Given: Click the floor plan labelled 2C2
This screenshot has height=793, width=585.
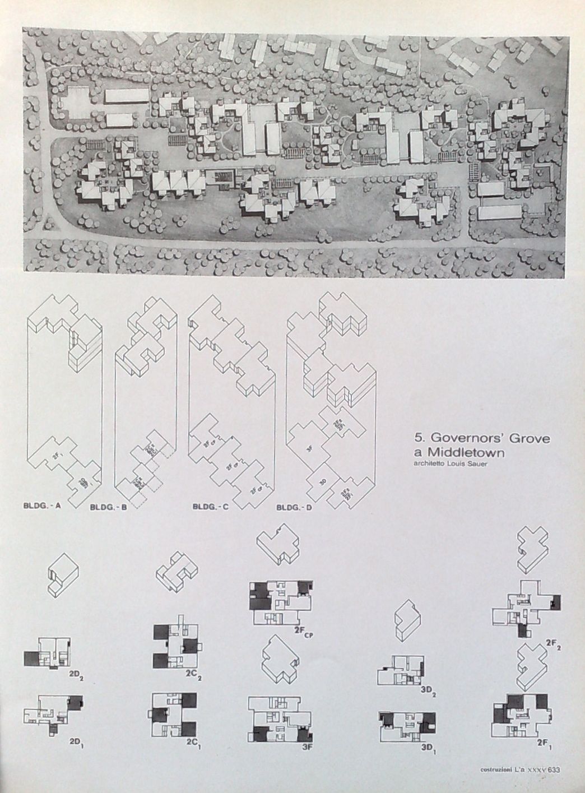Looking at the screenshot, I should click(176, 644).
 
